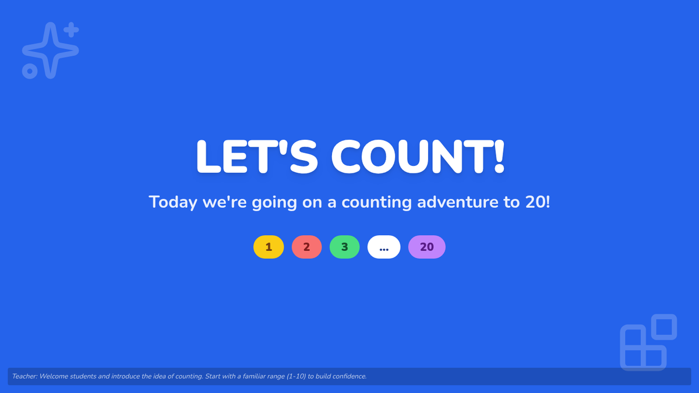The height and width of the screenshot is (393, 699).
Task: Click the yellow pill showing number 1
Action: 269,247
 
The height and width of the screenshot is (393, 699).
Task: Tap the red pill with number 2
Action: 306,247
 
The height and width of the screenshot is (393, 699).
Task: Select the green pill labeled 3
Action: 344,247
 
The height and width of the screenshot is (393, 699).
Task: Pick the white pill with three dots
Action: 384,247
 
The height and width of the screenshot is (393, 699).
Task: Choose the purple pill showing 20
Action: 426,247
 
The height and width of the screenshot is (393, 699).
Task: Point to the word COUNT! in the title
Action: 418,156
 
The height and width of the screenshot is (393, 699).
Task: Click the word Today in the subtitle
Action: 173,202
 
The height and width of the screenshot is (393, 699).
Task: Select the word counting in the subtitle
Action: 377,203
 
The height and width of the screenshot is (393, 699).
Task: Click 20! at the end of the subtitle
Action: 538,202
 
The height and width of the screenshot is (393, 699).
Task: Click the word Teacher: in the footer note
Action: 24,376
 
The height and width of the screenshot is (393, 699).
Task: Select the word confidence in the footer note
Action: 350,376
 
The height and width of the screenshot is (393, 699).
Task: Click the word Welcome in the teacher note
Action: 54,376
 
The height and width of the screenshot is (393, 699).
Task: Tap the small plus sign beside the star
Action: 72,30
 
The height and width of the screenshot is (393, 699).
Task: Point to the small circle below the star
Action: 30,71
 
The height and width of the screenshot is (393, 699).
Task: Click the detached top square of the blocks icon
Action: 664,327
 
